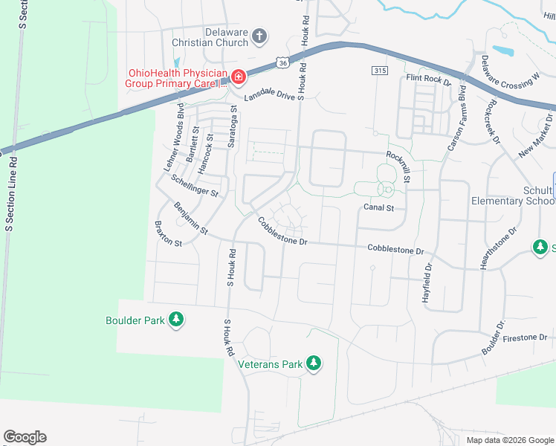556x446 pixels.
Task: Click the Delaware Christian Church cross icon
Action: [x=259, y=35]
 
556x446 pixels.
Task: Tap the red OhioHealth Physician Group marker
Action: [x=238, y=76]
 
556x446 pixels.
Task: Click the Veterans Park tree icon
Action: [x=314, y=363]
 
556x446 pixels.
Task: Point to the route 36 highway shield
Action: [x=282, y=64]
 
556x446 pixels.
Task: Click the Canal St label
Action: [x=378, y=207]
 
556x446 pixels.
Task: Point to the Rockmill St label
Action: [x=398, y=166]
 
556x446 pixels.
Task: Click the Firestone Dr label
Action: [x=525, y=337]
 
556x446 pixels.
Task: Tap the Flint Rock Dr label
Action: [x=429, y=80]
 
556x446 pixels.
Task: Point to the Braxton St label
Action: [x=168, y=233]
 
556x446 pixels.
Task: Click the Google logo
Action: [x=25, y=437]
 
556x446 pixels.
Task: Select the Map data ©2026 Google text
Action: [x=509, y=439]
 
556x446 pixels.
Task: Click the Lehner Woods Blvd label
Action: [x=174, y=138]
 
